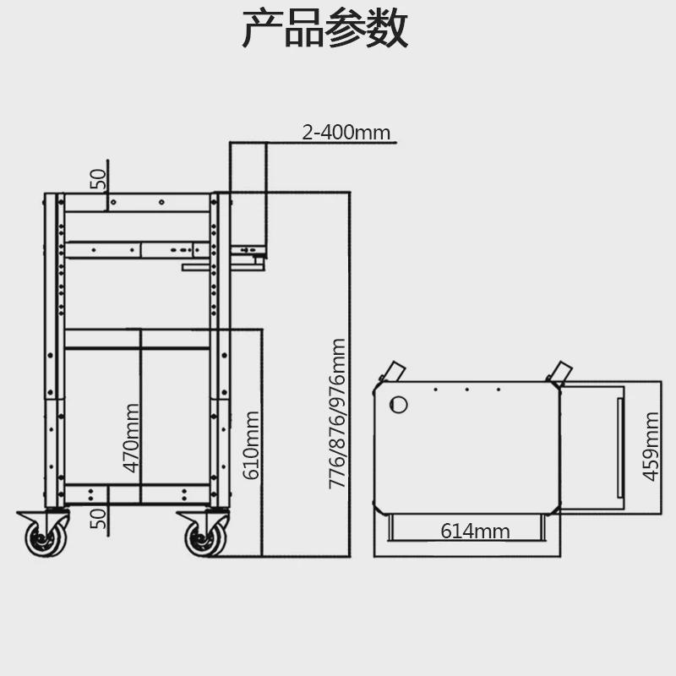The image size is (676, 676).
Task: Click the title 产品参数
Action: click(325, 30)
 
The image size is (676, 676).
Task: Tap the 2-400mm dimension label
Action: click(346, 132)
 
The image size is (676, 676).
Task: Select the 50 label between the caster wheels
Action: click(99, 517)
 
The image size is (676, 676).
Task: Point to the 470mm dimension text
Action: click(130, 439)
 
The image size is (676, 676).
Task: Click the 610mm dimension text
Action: click(251, 444)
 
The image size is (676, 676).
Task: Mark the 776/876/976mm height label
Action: click(337, 413)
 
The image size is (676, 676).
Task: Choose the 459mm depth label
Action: click(651, 445)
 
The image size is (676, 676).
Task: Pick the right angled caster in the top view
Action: click(559, 371)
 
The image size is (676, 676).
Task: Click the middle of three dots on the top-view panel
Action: click(466, 390)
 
